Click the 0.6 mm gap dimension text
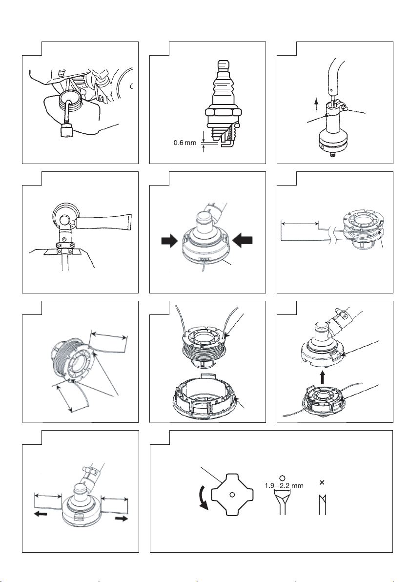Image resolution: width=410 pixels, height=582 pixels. (x=185, y=143)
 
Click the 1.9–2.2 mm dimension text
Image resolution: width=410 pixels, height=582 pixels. (x=284, y=485)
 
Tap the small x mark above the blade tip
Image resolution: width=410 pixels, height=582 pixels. (x=322, y=482)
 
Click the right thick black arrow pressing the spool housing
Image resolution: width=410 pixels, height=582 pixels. (x=244, y=241)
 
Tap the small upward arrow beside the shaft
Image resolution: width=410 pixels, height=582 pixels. (x=316, y=104)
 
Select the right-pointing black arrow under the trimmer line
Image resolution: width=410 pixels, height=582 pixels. (x=122, y=518)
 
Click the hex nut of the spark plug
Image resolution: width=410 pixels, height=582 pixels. (x=222, y=112)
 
